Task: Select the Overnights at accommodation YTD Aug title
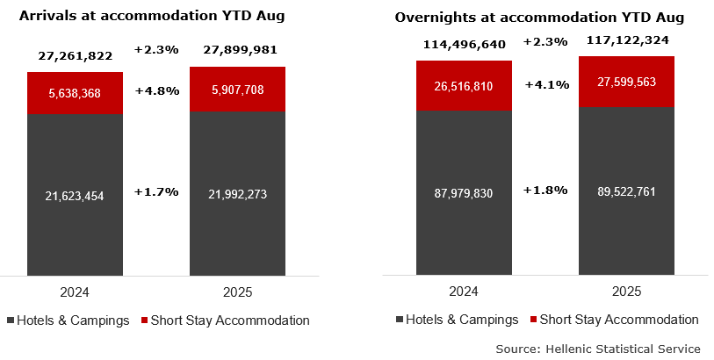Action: click(x=539, y=18)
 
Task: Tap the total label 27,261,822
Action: click(x=75, y=55)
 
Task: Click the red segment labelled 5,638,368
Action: click(x=75, y=92)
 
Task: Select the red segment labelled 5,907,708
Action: click(x=237, y=89)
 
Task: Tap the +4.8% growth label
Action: click(x=156, y=90)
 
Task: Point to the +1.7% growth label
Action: click(x=156, y=191)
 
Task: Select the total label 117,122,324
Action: click(x=625, y=41)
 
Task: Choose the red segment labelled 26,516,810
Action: click(x=464, y=85)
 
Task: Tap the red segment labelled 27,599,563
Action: click(x=625, y=81)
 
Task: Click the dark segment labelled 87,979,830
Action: click(x=464, y=191)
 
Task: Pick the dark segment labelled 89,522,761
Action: click(x=625, y=191)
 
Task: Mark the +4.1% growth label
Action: click(x=546, y=85)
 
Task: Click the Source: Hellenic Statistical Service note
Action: click(x=597, y=349)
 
